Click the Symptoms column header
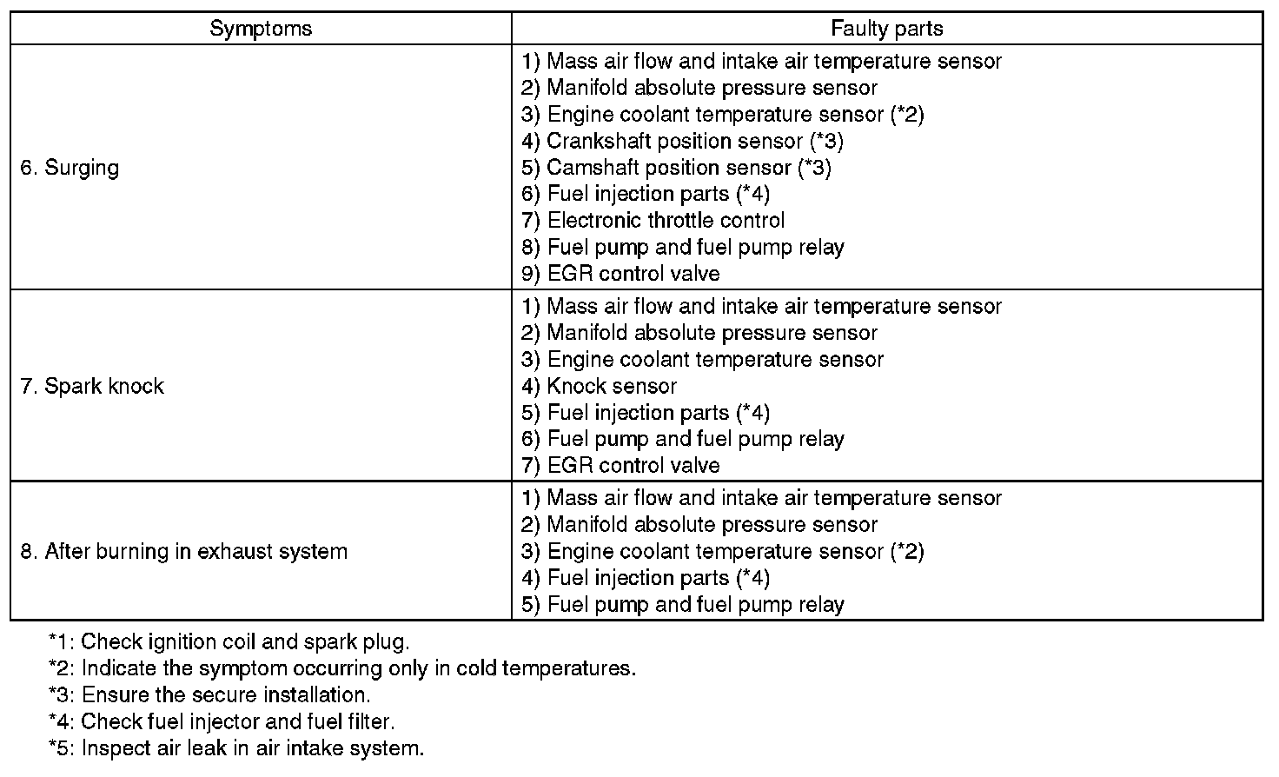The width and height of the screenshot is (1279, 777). pos(261,29)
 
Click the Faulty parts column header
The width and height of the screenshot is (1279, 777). pos(886,29)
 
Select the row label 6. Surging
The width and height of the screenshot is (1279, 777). pos(70,168)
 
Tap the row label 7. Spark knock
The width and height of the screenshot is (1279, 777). pos(92,386)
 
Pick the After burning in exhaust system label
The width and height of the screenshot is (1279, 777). pos(183,551)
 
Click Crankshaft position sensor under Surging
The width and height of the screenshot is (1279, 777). pos(682,141)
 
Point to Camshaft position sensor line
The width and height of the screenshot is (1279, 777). pos(676,168)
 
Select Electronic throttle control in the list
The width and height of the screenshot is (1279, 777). pos(653,221)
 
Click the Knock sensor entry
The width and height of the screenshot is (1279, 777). pos(599,386)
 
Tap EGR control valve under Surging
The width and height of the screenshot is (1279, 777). pos(620,274)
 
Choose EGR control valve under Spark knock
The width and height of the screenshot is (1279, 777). pos(620,466)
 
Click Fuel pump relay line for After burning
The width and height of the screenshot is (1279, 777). pos(682,605)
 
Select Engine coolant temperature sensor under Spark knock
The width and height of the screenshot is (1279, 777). pos(702,360)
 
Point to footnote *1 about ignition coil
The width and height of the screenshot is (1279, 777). pos(229,642)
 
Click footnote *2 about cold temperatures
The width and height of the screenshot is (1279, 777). pos(342,669)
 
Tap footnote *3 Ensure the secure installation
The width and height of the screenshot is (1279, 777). pos(209,695)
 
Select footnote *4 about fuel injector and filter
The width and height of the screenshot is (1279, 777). pos(222,721)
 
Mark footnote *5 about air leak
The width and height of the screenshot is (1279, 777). pos(236,748)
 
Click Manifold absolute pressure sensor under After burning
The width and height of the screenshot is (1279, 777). pos(699,525)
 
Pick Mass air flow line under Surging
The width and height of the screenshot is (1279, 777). pos(761,62)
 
